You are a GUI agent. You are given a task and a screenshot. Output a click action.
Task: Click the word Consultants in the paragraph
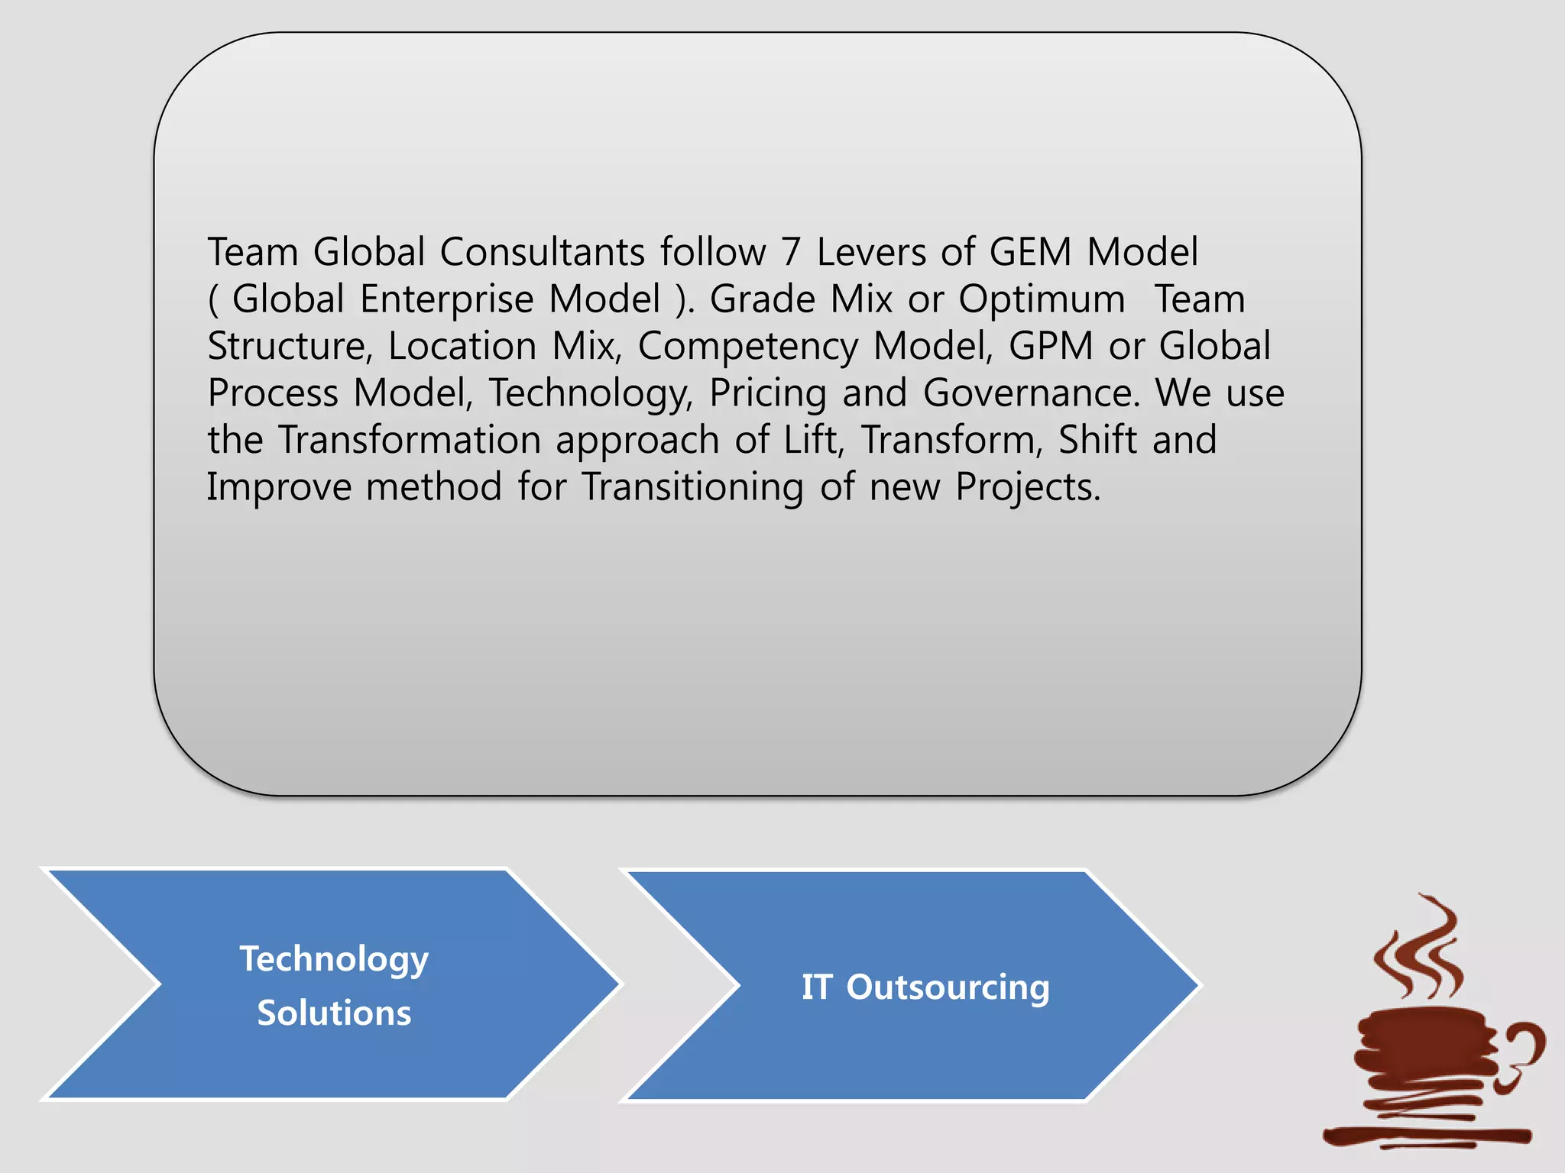[542, 252]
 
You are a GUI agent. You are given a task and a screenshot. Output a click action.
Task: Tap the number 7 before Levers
[790, 252]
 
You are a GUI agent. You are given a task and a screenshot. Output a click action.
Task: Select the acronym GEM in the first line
[1030, 252]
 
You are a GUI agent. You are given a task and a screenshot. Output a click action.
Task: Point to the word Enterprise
[446, 299]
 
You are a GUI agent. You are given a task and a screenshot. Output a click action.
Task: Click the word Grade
[763, 299]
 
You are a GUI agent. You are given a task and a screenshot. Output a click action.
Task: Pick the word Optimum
[1042, 299]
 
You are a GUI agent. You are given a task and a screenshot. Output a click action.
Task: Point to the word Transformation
[409, 440]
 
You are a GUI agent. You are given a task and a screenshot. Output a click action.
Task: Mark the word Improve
[278, 487]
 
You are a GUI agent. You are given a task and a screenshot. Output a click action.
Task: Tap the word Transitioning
[693, 487]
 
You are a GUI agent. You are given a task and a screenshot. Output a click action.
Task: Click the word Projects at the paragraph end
[1028, 487]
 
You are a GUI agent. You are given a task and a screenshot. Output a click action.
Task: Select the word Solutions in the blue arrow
[334, 1013]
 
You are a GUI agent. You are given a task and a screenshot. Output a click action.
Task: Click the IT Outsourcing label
[925, 987]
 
